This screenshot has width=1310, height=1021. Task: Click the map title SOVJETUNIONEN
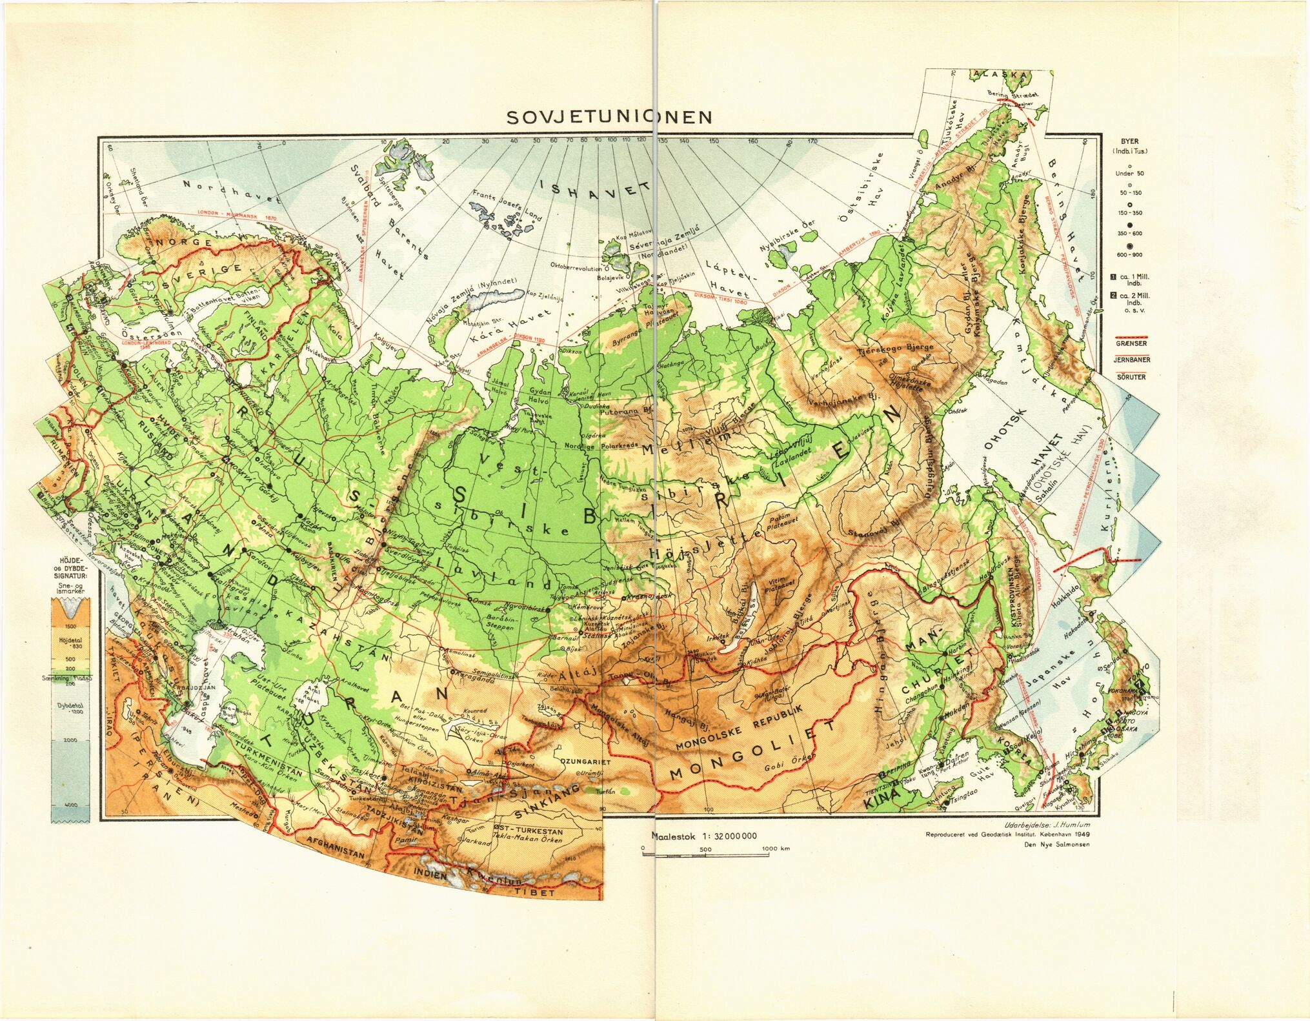[609, 117]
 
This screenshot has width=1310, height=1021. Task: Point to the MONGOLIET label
[742, 753]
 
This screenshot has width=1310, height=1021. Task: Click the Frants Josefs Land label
[507, 205]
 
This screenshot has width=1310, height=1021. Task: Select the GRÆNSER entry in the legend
[1131, 344]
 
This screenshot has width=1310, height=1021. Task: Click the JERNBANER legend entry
[1131, 360]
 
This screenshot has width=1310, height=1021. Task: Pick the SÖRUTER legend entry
[1131, 377]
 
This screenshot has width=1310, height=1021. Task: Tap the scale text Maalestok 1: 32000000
[704, 836]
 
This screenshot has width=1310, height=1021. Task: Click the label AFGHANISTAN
[336, 847]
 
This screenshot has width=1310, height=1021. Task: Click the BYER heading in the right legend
[1129, 141]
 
